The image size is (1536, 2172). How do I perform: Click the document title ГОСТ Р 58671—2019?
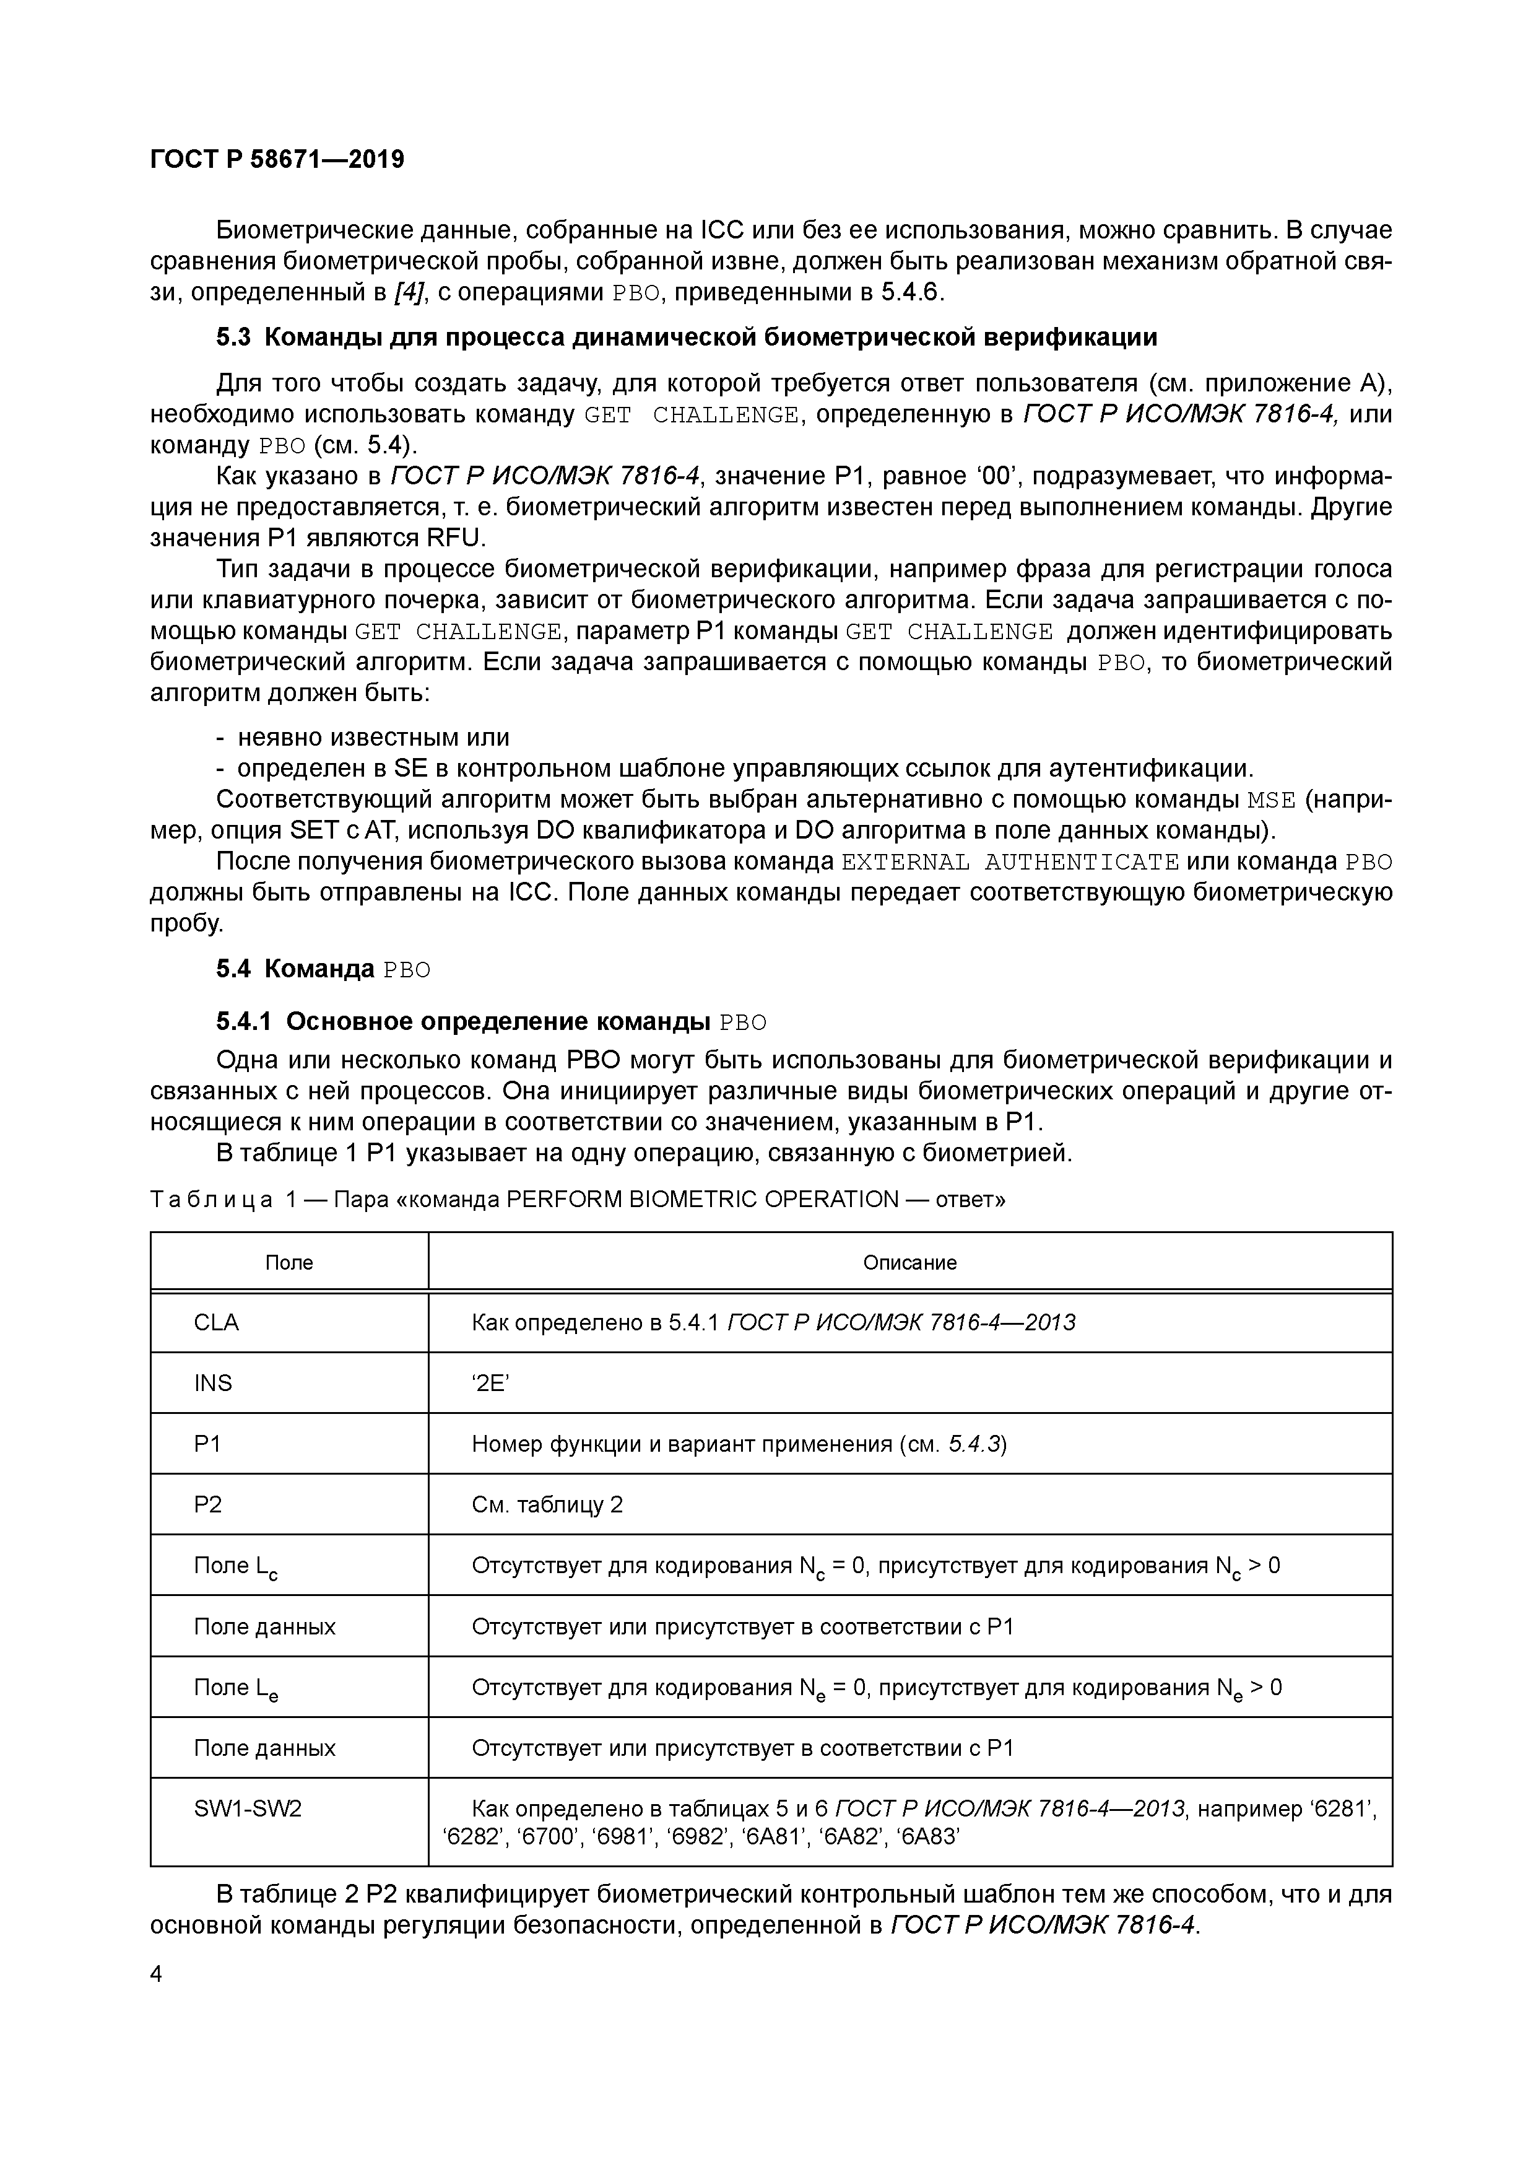click(277, 159)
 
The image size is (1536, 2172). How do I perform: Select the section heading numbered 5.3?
click(687, 338)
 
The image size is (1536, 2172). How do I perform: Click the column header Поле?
click(289, 1262)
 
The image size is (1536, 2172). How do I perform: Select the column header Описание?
click(910, 1262)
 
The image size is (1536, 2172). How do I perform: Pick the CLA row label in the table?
click(217, 1322)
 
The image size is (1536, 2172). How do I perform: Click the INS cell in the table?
click(213, 1383)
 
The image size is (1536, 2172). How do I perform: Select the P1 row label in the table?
click(207, 1444)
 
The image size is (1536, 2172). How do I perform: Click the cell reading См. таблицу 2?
click(548, 1504)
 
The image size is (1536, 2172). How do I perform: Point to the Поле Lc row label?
click(235, 1566)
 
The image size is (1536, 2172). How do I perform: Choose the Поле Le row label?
click(235, 1688)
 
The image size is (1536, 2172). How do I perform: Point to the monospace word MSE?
click(1270, 800)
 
